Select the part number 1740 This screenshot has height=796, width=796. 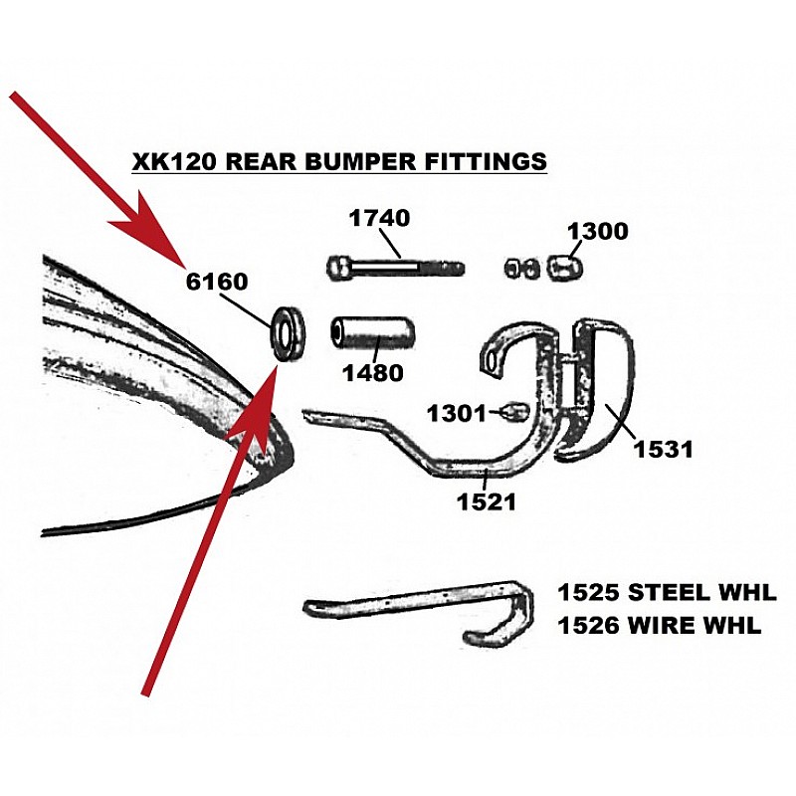(379, 218)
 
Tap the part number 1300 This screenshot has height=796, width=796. (598, 231)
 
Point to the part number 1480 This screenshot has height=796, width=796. (373, 373)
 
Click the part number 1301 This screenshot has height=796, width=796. (457, 413)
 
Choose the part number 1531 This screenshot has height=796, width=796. (663, 450)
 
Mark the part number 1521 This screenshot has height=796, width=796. (487, 502)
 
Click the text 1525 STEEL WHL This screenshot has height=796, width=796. (667, 593)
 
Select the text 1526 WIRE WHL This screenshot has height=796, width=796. (660, 626)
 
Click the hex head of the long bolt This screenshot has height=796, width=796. (337, 268)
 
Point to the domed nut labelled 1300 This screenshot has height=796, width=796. (565, 267)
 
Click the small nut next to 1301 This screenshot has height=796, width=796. (514, 412)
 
